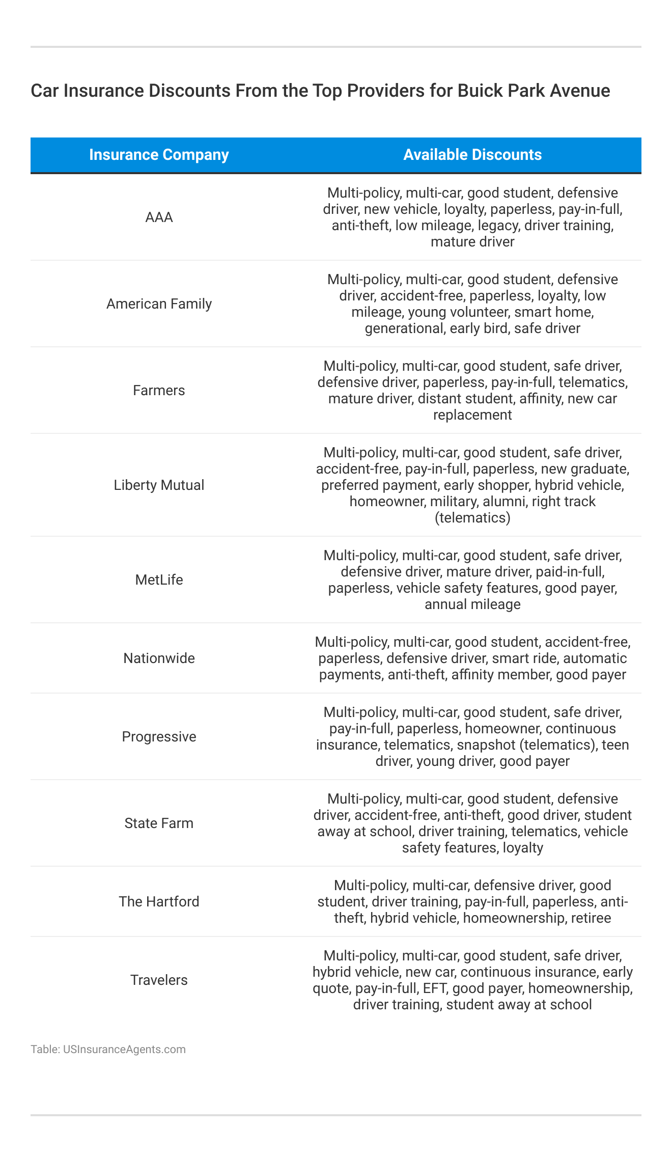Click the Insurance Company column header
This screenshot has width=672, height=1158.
click(x=159, y=155)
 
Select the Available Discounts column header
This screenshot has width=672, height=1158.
click(x=472, y=155)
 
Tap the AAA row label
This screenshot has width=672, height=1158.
click(x=159, y=217)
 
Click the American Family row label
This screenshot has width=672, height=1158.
click(x=159, y=304)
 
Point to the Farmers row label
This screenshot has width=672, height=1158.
click(x=159, y=391)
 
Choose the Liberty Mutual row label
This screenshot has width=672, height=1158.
click(x=159, y=485)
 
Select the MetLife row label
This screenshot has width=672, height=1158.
click(x=159, y=580)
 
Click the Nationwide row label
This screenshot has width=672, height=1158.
click(x=159, y=658)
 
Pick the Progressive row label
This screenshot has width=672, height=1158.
click(x=159, y=737)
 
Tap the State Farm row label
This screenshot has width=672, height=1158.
click(x=159, y=823)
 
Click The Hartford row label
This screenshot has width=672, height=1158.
click(x=159, y=902)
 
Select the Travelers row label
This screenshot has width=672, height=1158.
click(x=159, y=980)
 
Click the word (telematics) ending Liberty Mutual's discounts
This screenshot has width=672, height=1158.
click(x=472, y=518)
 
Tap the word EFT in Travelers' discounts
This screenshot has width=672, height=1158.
click(x=434, y=988)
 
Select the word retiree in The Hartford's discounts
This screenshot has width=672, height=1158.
click(x=591, y=918)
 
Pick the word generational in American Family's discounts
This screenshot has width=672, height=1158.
click(x=404, y=328)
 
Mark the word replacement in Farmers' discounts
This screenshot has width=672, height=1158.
click(x=472, y=415)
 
